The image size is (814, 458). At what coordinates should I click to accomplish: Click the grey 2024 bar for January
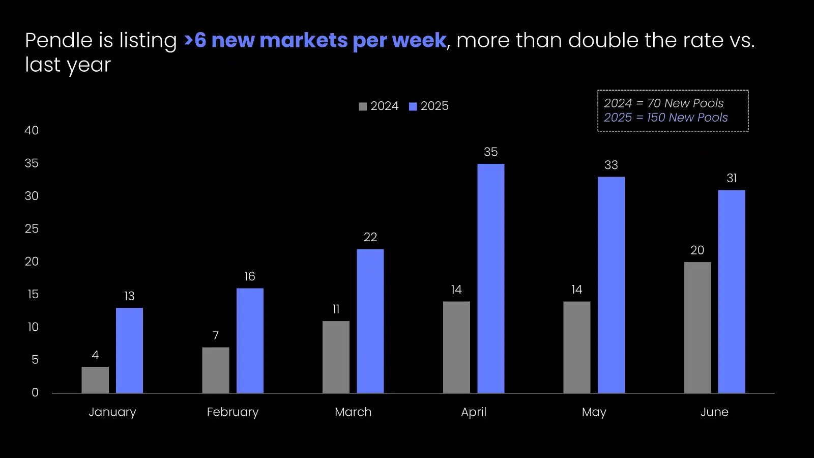(x=95, y=380)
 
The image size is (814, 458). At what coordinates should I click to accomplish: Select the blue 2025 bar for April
(x=491, y=278)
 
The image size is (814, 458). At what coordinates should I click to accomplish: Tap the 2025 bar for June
(x=732, y=291)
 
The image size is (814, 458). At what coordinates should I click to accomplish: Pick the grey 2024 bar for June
(x=697, y=327)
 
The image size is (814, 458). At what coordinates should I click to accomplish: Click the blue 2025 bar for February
(x=250, y=340)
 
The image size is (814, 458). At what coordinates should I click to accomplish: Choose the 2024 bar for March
(x=336, y=357)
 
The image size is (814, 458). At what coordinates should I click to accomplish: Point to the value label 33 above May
(x=611, y=165)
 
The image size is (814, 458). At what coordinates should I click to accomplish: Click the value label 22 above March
(x=370, y=237)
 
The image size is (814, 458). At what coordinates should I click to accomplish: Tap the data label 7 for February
(x=216, y=335)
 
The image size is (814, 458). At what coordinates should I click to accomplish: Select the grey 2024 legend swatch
(x=363, y=106)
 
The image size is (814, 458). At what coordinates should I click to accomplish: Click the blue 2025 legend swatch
(x=413, y=106)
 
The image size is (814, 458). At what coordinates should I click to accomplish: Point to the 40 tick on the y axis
(x=32, y=131)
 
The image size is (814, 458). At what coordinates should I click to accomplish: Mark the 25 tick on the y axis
(x=32, y=229)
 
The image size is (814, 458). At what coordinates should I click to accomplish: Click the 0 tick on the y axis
(x=35, y=392)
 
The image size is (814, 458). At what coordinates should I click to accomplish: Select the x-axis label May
(x=594, y=412)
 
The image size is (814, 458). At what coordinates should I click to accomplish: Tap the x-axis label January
(x=112, y=412)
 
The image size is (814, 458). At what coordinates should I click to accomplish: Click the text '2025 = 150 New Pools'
(x=665, y=118)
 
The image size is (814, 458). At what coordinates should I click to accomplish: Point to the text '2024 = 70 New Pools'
(x=663, y=103)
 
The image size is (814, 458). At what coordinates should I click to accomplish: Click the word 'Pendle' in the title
(x=59, y=41)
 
